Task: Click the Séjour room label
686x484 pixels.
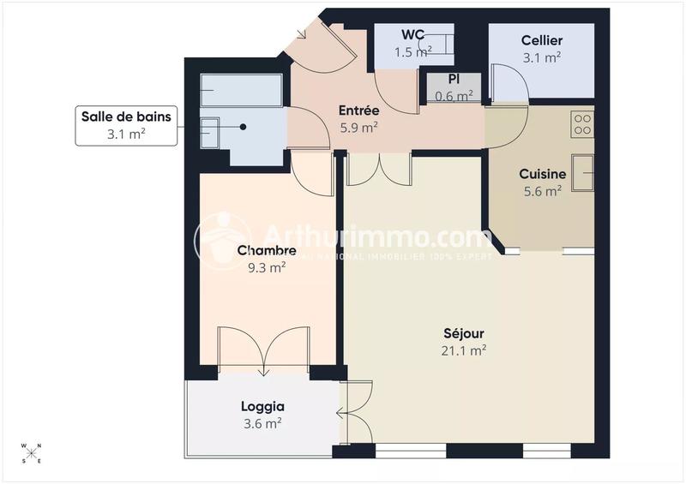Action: (464, 333)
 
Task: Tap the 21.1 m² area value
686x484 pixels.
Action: (464, 350)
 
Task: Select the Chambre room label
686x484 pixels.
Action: (267, 251)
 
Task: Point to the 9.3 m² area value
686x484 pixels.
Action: (267, 267)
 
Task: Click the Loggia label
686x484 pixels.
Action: (262, 407)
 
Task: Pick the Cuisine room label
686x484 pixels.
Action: (542, 175)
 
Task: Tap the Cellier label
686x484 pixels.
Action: (541, 41)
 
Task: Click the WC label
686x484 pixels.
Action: (413, 35)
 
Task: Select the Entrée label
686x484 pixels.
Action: (358, 111)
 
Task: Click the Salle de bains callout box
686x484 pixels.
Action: (127, 125)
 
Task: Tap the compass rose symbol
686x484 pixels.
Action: (31, 453)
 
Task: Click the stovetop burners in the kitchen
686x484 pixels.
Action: (583, 125)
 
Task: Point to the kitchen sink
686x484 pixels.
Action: (583, 175)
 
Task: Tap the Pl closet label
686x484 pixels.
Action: (454, 79)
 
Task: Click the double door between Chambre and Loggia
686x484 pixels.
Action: (262, 351)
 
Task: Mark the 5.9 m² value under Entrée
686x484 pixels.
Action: (358, 128)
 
